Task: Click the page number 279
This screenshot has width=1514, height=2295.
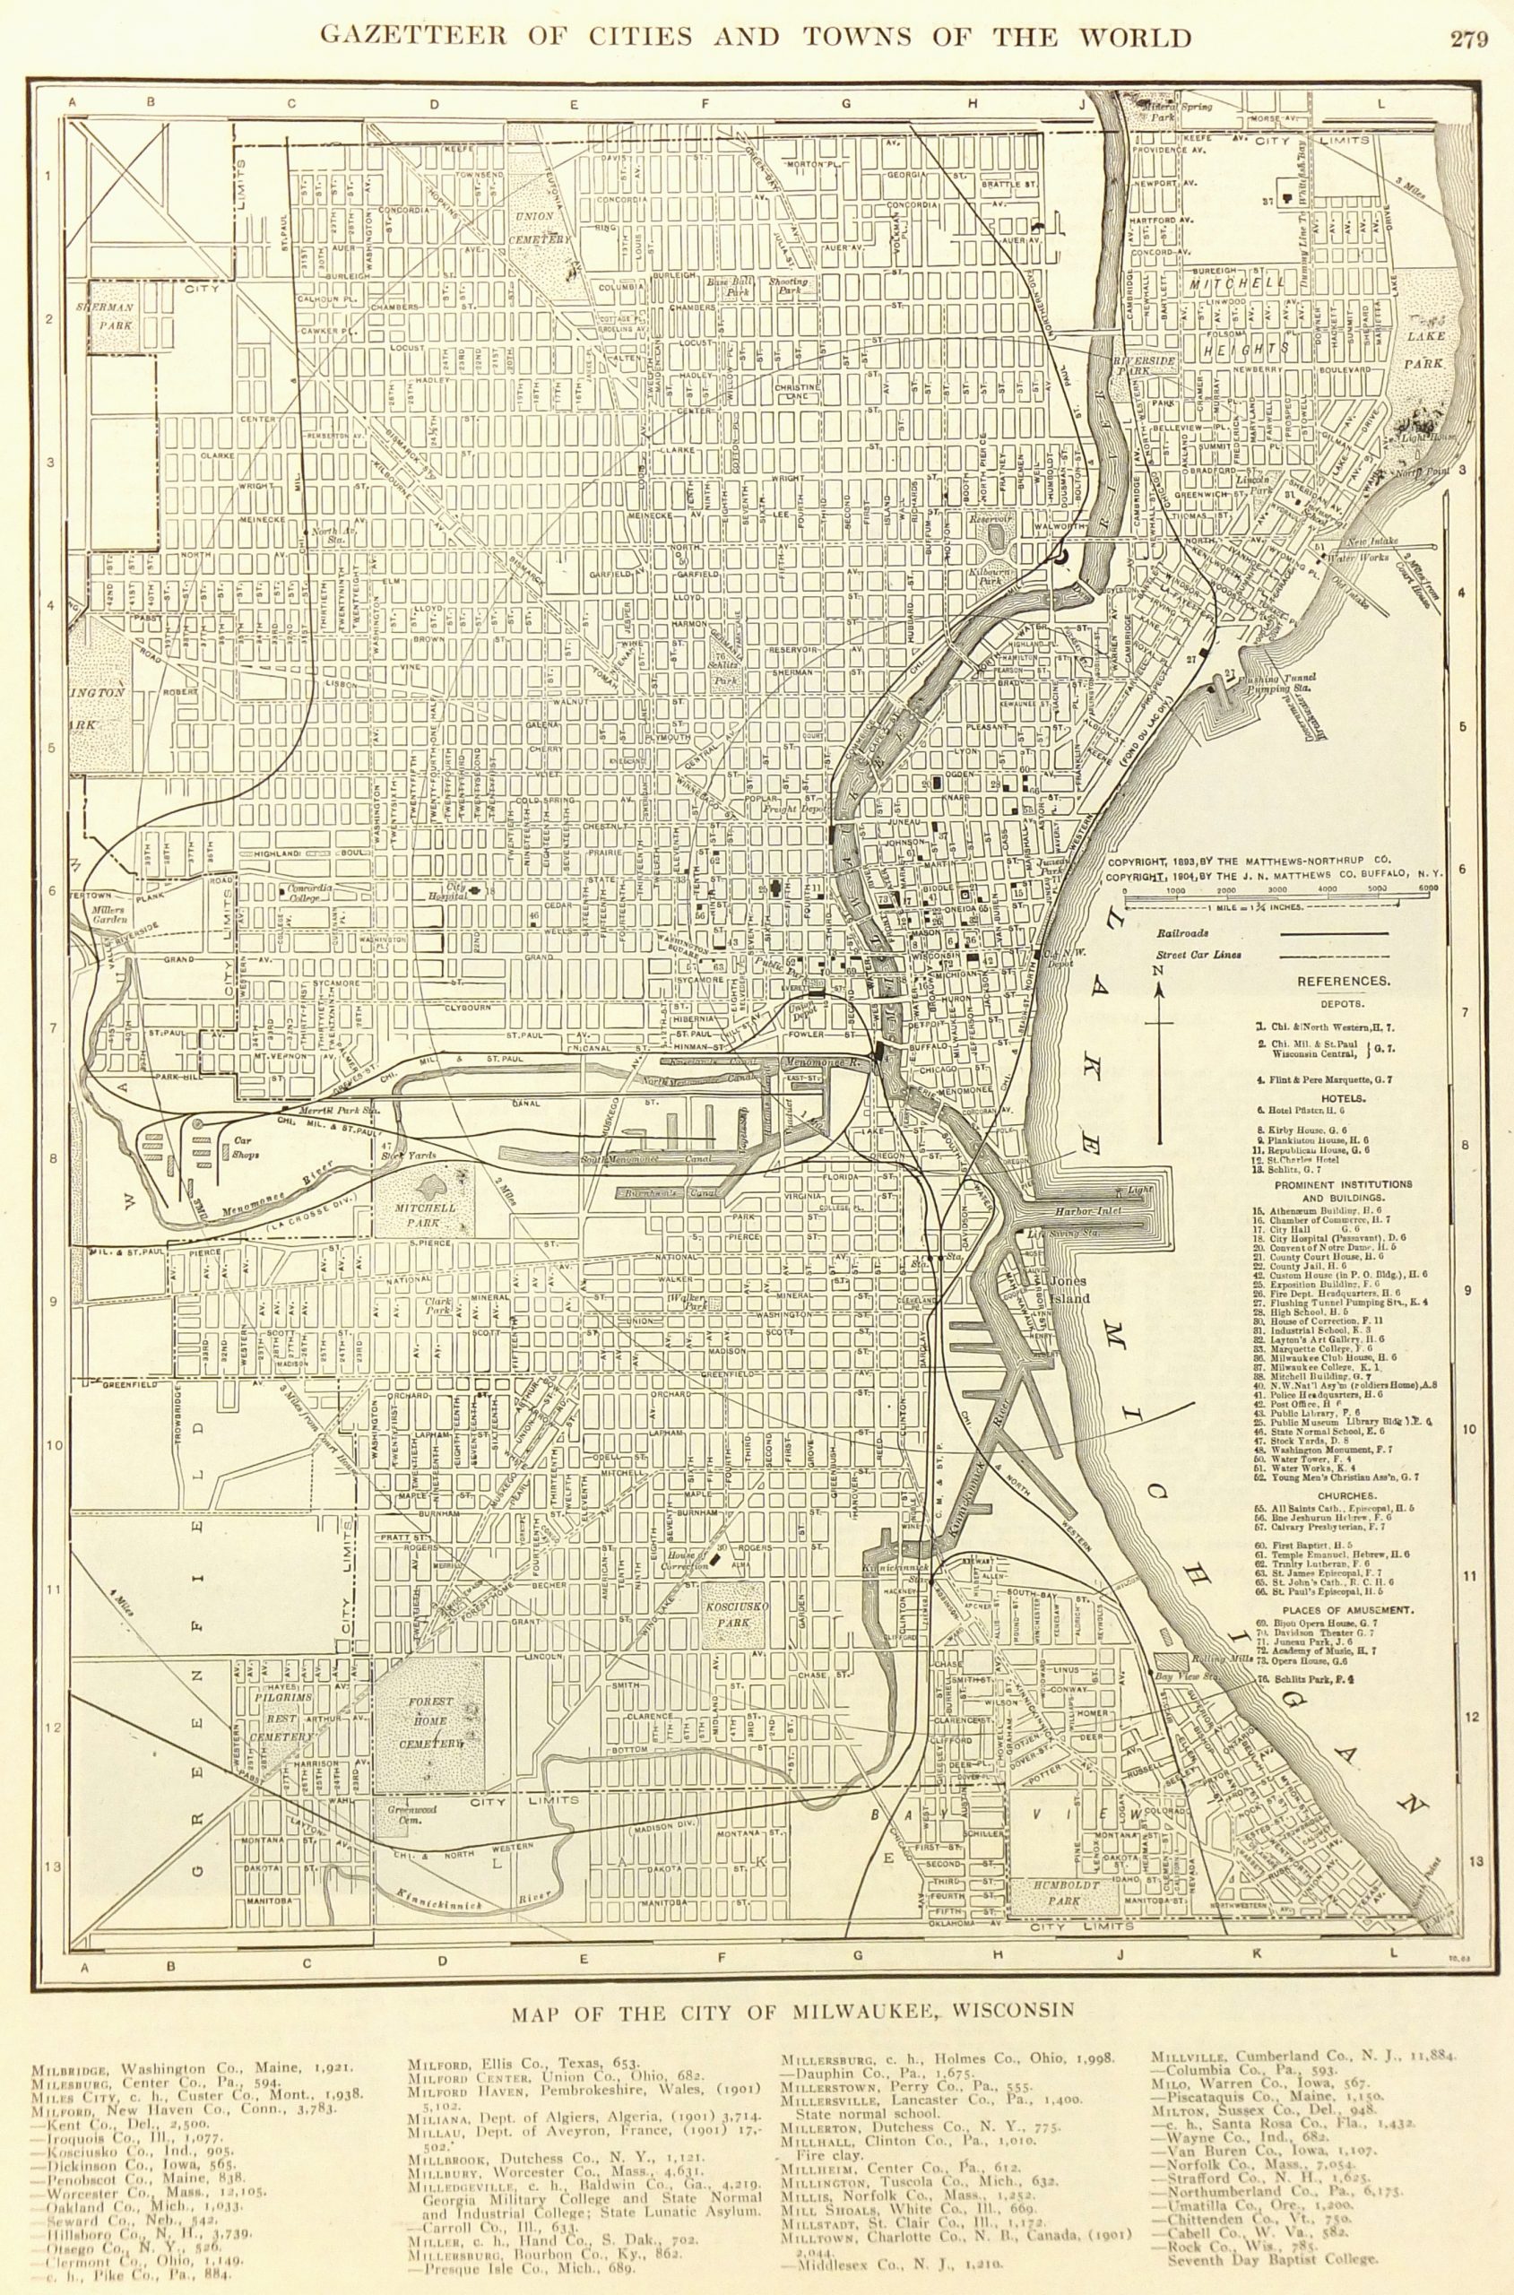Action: [1469, 39]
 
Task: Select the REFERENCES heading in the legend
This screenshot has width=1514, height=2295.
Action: [1343, 981]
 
